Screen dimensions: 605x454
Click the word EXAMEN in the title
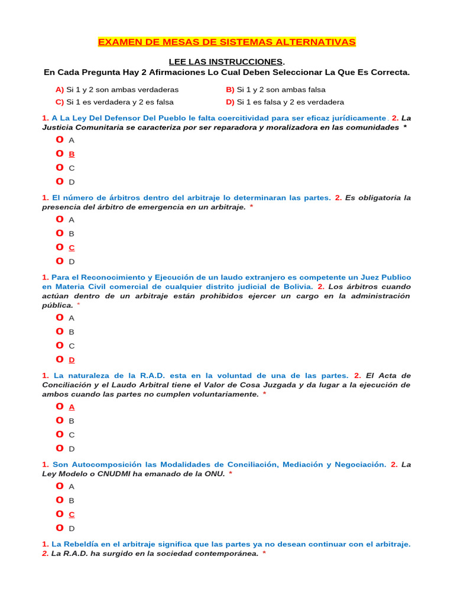(x=117, y=42)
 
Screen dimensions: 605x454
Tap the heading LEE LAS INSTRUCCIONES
(x=226, y=62)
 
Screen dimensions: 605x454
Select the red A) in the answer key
(x=59, y=90)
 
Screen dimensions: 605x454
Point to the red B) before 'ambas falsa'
(x=230, y=90)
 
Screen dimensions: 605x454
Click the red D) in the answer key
(x=230, y=102)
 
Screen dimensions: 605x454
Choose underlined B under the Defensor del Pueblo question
(x=72, y=154)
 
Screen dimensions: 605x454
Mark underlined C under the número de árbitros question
(x=72, y=248)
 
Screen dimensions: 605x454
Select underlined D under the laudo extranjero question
(x=72, y=360)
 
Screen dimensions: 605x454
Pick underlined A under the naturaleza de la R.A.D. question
(x=72, y=407)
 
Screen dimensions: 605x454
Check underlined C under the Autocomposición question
(x=72, y=515)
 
